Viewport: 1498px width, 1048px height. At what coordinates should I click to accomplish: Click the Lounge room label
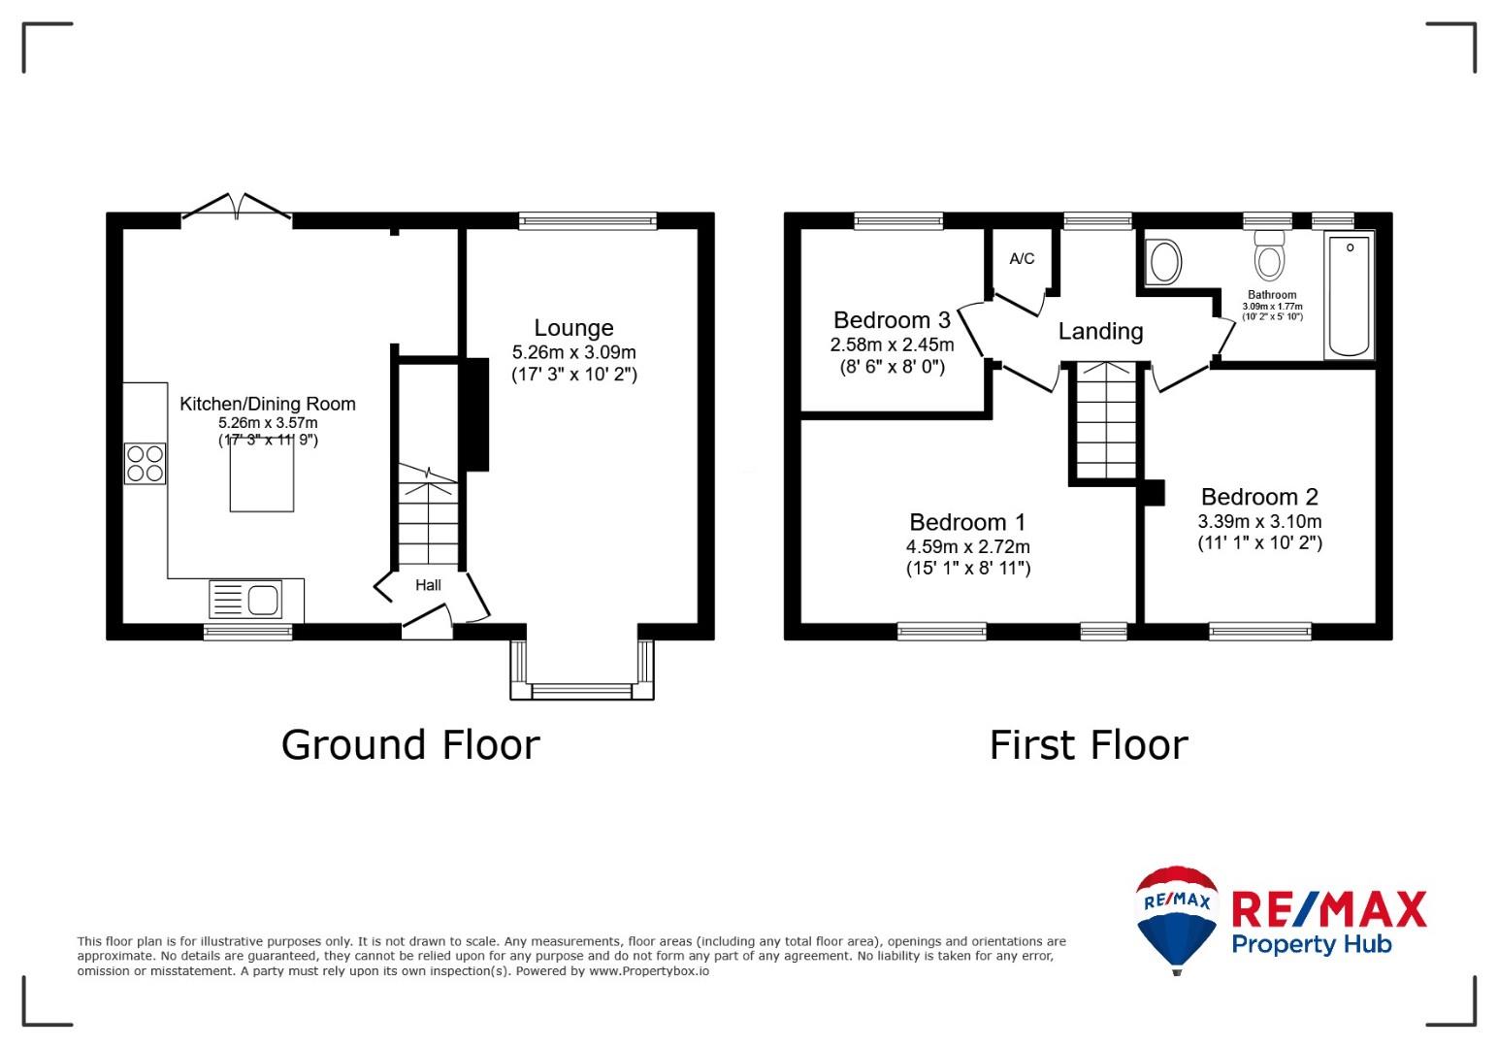point(573,328)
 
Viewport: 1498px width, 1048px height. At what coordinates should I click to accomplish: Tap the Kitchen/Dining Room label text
point(268,404)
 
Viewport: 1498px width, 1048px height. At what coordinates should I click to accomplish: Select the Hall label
point(428,585)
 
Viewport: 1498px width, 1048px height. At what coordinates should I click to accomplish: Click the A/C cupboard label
point(1022,259)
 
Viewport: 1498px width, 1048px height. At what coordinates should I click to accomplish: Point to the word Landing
point(1101,331)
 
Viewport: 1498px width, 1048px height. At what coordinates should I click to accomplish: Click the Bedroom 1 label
point(967,522)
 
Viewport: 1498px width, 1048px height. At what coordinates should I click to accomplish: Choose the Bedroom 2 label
point(1260,497)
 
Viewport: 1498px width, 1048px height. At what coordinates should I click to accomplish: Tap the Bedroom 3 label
point(893,320)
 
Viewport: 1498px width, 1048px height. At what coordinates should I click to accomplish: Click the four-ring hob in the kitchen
point(146,464)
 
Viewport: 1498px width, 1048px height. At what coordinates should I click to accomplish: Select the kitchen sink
point(245,600)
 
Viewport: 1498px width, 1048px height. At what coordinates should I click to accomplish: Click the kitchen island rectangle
point(262,476)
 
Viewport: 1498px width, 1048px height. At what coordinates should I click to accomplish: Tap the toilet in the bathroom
point(1269,255)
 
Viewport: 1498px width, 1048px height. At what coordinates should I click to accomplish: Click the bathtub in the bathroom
point(1349,296)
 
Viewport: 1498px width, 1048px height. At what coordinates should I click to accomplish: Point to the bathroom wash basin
point(1164,261)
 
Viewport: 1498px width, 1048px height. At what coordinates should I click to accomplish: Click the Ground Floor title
point(410,745)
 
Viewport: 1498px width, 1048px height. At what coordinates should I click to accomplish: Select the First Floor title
point(1089,745)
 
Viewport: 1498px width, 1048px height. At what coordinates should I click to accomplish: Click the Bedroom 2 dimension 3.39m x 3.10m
point(1260,522)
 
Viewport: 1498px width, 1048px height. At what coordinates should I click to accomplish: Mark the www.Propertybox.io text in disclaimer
point(649,971)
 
